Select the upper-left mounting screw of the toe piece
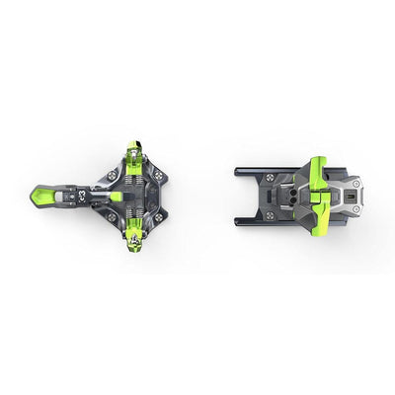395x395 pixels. (x=111, y=174)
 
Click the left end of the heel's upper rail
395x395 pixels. (x=238, y=170)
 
